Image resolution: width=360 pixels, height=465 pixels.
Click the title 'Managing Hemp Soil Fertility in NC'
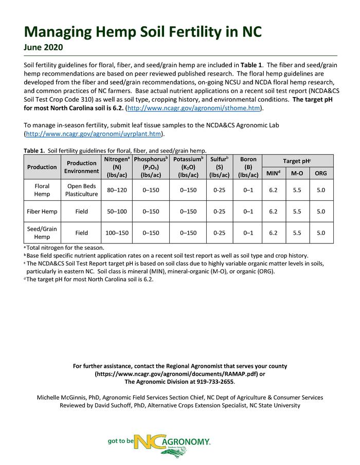143,31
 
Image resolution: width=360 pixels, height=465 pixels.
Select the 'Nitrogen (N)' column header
117,167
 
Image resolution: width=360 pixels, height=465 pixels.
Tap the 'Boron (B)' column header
248,167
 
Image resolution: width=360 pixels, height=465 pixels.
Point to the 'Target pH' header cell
297,161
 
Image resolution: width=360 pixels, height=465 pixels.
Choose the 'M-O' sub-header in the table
297,174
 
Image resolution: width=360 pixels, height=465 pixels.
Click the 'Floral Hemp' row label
42,190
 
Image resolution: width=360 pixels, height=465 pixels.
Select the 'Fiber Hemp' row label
42,211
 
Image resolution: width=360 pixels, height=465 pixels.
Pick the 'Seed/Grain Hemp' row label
42,233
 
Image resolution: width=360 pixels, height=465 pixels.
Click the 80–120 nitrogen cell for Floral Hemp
117,190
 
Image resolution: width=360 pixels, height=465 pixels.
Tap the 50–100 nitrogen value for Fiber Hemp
117,211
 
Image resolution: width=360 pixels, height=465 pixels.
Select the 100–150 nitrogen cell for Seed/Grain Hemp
117,233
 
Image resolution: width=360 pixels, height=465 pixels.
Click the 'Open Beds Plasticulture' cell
82,190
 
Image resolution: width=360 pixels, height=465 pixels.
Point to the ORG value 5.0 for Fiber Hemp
321,211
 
